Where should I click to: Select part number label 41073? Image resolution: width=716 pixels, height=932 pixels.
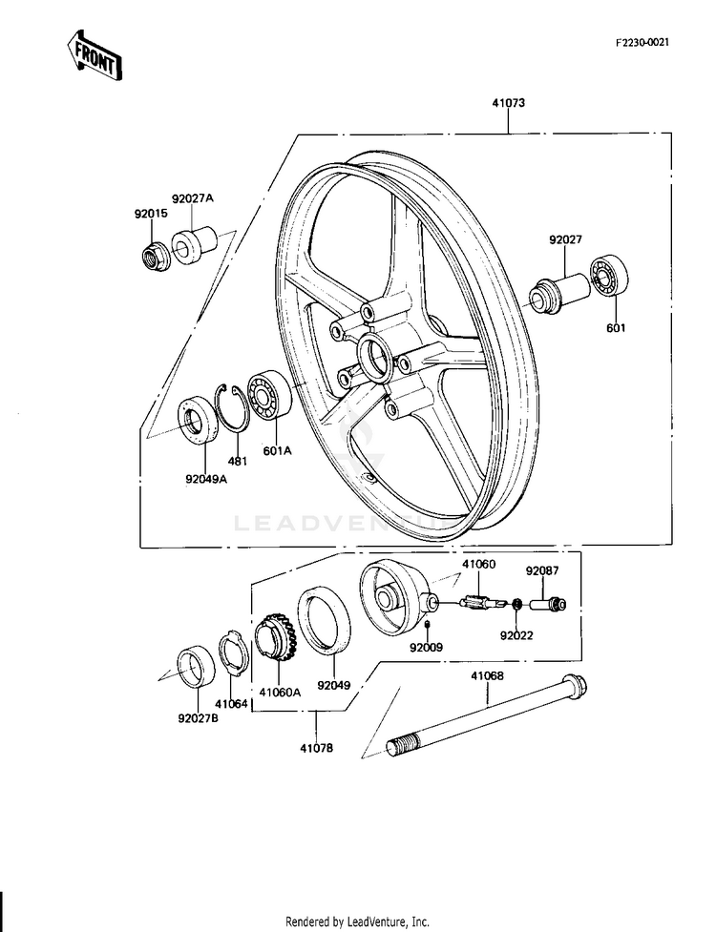point(509,102)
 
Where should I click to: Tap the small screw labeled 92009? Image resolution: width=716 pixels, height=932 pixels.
point(430,625)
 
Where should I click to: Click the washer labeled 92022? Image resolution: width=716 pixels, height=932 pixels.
point(516,605)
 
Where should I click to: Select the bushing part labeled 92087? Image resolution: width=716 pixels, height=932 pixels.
point(552,603)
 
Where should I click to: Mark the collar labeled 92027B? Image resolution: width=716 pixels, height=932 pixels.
point(198,667)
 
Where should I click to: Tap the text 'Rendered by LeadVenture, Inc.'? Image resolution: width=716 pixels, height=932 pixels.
point(358,922)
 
